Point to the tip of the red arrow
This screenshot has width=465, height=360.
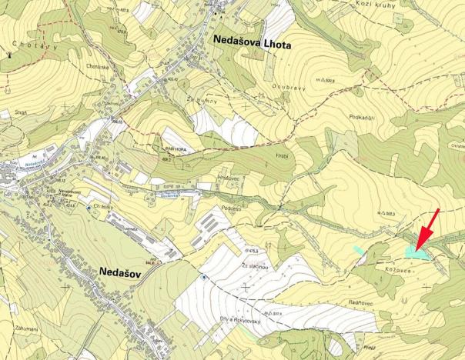point(415,247)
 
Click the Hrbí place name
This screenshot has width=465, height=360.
point(283,155)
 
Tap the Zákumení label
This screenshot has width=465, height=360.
point(25,328)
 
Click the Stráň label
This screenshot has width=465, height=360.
point(22,112)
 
